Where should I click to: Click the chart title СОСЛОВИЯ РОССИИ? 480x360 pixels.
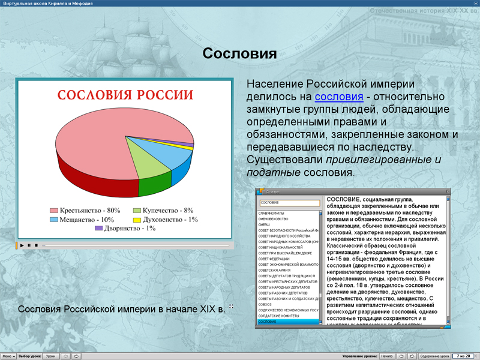(x=125, y=95)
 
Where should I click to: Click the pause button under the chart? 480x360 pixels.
(x=29, y=245)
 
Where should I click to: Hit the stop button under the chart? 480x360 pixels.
(x=36, y=245)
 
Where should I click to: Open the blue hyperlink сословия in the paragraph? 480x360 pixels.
(x=339, y=97)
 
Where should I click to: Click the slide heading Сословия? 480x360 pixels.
(x=239, y=54)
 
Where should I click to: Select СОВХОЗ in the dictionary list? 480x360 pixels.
(x=265, y=304)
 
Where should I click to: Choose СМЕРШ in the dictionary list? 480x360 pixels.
(x=265, y=224)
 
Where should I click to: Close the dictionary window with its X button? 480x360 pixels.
(x=447, y=191)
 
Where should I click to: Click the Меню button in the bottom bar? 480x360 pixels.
(x=8, y=356)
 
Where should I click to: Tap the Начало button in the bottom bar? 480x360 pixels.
(x=386, y=356)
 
